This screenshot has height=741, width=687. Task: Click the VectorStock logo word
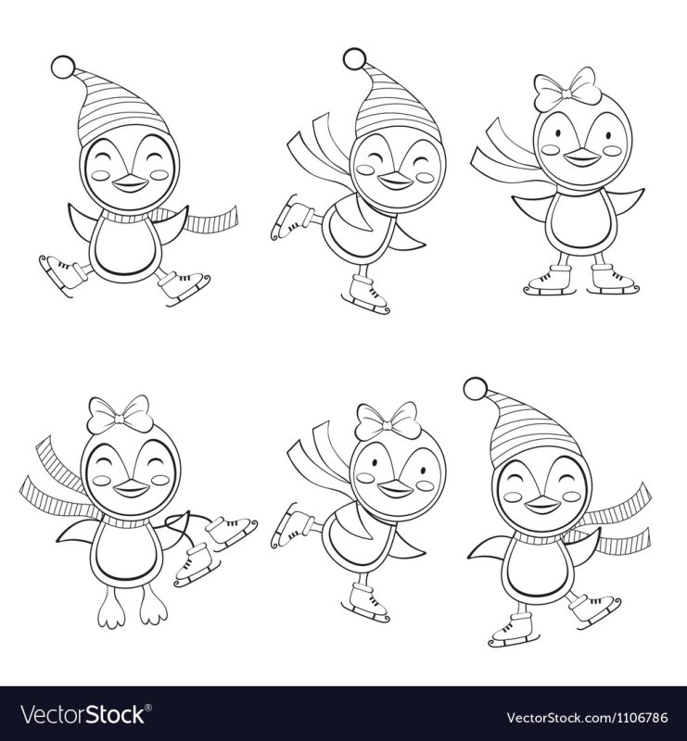pos(82,714)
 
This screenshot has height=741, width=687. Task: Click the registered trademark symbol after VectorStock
pos(147,708)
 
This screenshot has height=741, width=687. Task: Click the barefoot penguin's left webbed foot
pos(110,611)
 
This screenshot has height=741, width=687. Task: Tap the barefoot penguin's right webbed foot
pos(153,609)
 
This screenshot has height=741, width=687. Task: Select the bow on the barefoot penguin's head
pos(121,414)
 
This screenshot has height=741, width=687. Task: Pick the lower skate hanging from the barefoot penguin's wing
pos(197,564)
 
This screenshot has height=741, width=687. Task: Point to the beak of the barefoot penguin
pos(125,490)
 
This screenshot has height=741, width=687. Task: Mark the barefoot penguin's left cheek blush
pos(101,480)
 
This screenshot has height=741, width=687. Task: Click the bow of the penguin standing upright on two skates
pos(564,88)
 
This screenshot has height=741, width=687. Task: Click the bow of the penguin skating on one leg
pos(388,422)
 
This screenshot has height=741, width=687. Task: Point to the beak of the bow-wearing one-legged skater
pos(395,490)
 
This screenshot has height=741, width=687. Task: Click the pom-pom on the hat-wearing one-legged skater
pos(353,58)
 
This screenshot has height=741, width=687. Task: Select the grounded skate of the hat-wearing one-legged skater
pos(367,295)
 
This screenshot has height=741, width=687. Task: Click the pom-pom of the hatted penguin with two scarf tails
pos(476,389)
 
